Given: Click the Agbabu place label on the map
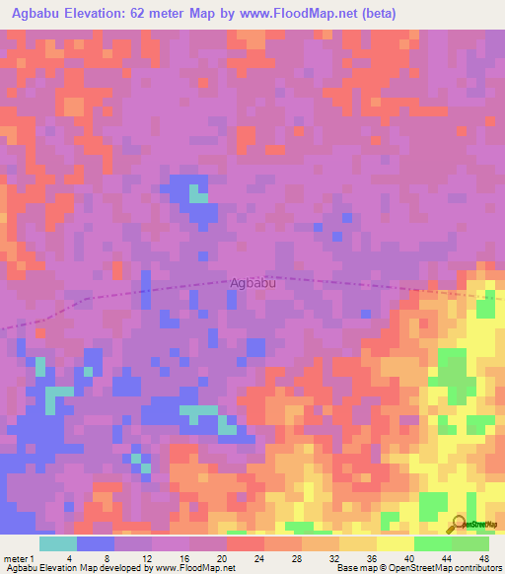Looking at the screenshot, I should pyautogui.click(x=252, y=282).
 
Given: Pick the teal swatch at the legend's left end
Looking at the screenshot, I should pyautogui.click(x=57, y=543).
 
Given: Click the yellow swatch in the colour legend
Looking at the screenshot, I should pyautogui.click(x=395, y=543).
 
